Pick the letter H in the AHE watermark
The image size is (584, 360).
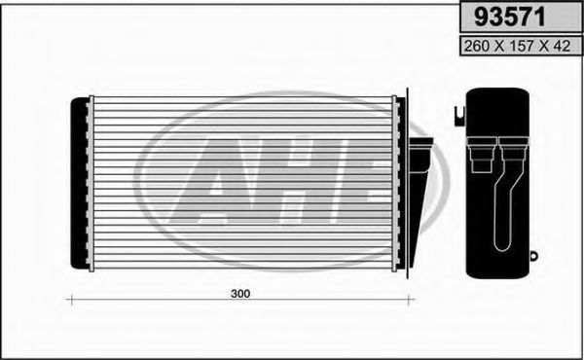click(x=292, y=180)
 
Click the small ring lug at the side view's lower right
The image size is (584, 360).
click(x=535, y=255)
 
